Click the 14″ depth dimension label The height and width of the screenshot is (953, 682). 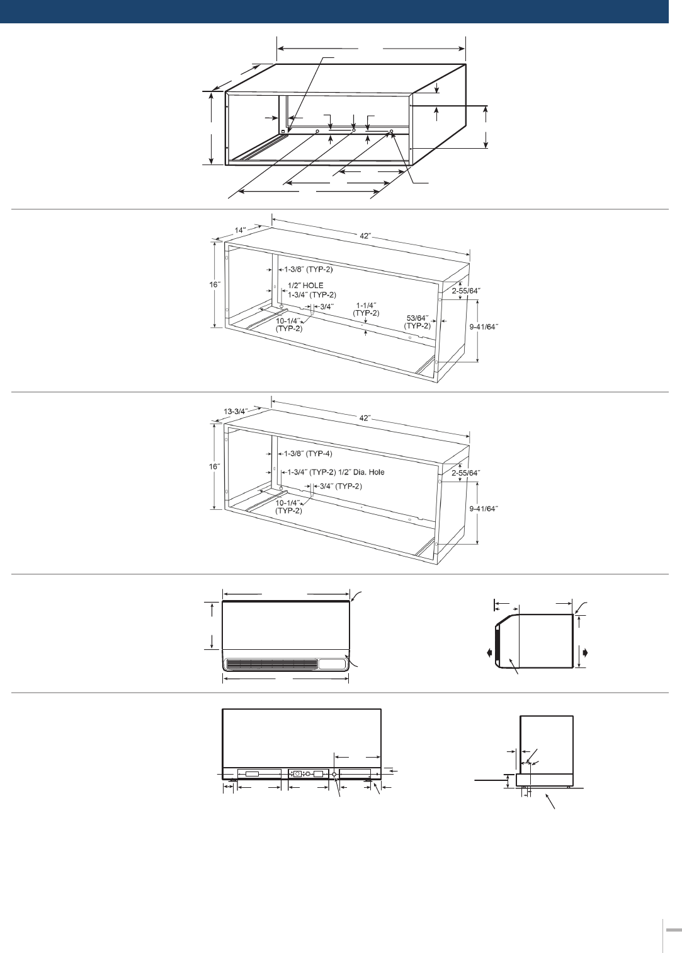(x=241, y=230)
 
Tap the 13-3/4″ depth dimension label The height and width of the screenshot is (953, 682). (x=235, y=412)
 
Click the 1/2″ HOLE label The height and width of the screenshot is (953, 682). (x=305, y=286)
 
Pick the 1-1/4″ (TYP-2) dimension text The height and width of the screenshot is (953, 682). (x=366, y=309)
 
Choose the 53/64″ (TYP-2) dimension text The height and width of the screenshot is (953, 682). (x=418, y=322)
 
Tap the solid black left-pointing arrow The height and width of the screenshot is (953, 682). (x=490, y=652)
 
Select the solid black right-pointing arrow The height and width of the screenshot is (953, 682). (x=585, y=652)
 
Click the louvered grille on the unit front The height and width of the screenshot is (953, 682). (x=271, y=664)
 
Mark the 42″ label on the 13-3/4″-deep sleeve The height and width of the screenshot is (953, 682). (x=365, y=419)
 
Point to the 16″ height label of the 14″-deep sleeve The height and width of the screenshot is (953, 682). (x=215, y=284)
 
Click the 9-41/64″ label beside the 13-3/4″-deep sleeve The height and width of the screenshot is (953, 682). (x=484, y=509)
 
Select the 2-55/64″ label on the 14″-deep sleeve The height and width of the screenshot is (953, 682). (x=466, y=291)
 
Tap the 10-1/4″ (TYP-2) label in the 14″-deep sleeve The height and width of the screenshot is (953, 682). (x=289, y=325)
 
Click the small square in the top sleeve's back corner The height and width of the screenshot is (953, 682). (x=283, y=132)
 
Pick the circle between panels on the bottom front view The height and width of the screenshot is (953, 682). (x=334, y=774)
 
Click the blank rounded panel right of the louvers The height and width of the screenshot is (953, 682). (x=332, y=664)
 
